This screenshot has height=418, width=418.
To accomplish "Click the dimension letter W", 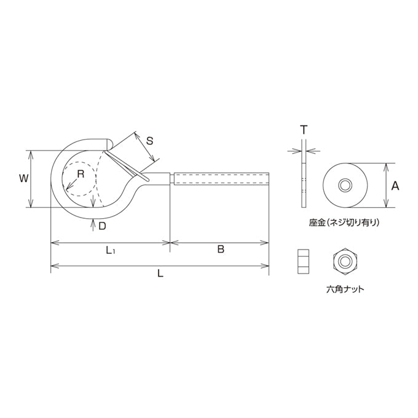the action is pos(23,178).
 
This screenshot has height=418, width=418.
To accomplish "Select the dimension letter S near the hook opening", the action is pos(150,141).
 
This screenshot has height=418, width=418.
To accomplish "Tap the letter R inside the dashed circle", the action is pos(81,174).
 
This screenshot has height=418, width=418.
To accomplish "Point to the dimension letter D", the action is pos(103,226).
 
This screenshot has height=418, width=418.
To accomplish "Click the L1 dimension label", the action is pos(111,250).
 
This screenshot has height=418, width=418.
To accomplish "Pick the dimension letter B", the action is pos(221,249).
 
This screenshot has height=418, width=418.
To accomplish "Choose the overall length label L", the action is pos(160,274).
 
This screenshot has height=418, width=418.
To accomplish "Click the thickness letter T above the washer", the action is pos(304,130).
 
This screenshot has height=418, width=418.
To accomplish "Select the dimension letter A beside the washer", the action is pos(395,186).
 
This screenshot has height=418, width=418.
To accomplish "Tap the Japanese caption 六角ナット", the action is pos(345,290).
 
